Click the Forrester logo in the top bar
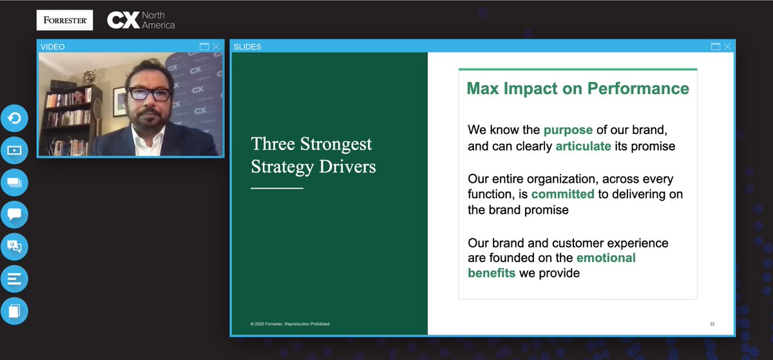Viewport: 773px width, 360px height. (64, 20)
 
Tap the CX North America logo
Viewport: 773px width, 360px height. (141, 21)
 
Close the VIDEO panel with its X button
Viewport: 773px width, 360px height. (216, 46)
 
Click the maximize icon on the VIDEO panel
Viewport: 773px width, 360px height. (204, 46)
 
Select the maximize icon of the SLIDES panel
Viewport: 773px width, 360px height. (716, 46)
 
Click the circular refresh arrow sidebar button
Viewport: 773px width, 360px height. (14, 118)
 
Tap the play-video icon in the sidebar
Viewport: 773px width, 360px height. (14, 151)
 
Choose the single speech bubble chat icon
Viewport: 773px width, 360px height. (14, 214)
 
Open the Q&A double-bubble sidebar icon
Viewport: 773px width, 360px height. (14, 246)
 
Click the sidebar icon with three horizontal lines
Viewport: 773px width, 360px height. (14, 279)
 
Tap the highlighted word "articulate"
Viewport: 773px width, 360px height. (583, 146)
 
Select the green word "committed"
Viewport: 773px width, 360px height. (562, 194)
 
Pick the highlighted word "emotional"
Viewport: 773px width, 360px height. (606, 258)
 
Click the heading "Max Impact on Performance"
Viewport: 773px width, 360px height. (577, 88)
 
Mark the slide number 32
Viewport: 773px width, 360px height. (712, 324)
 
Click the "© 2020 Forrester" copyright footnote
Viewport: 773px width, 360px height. (290, 324)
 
